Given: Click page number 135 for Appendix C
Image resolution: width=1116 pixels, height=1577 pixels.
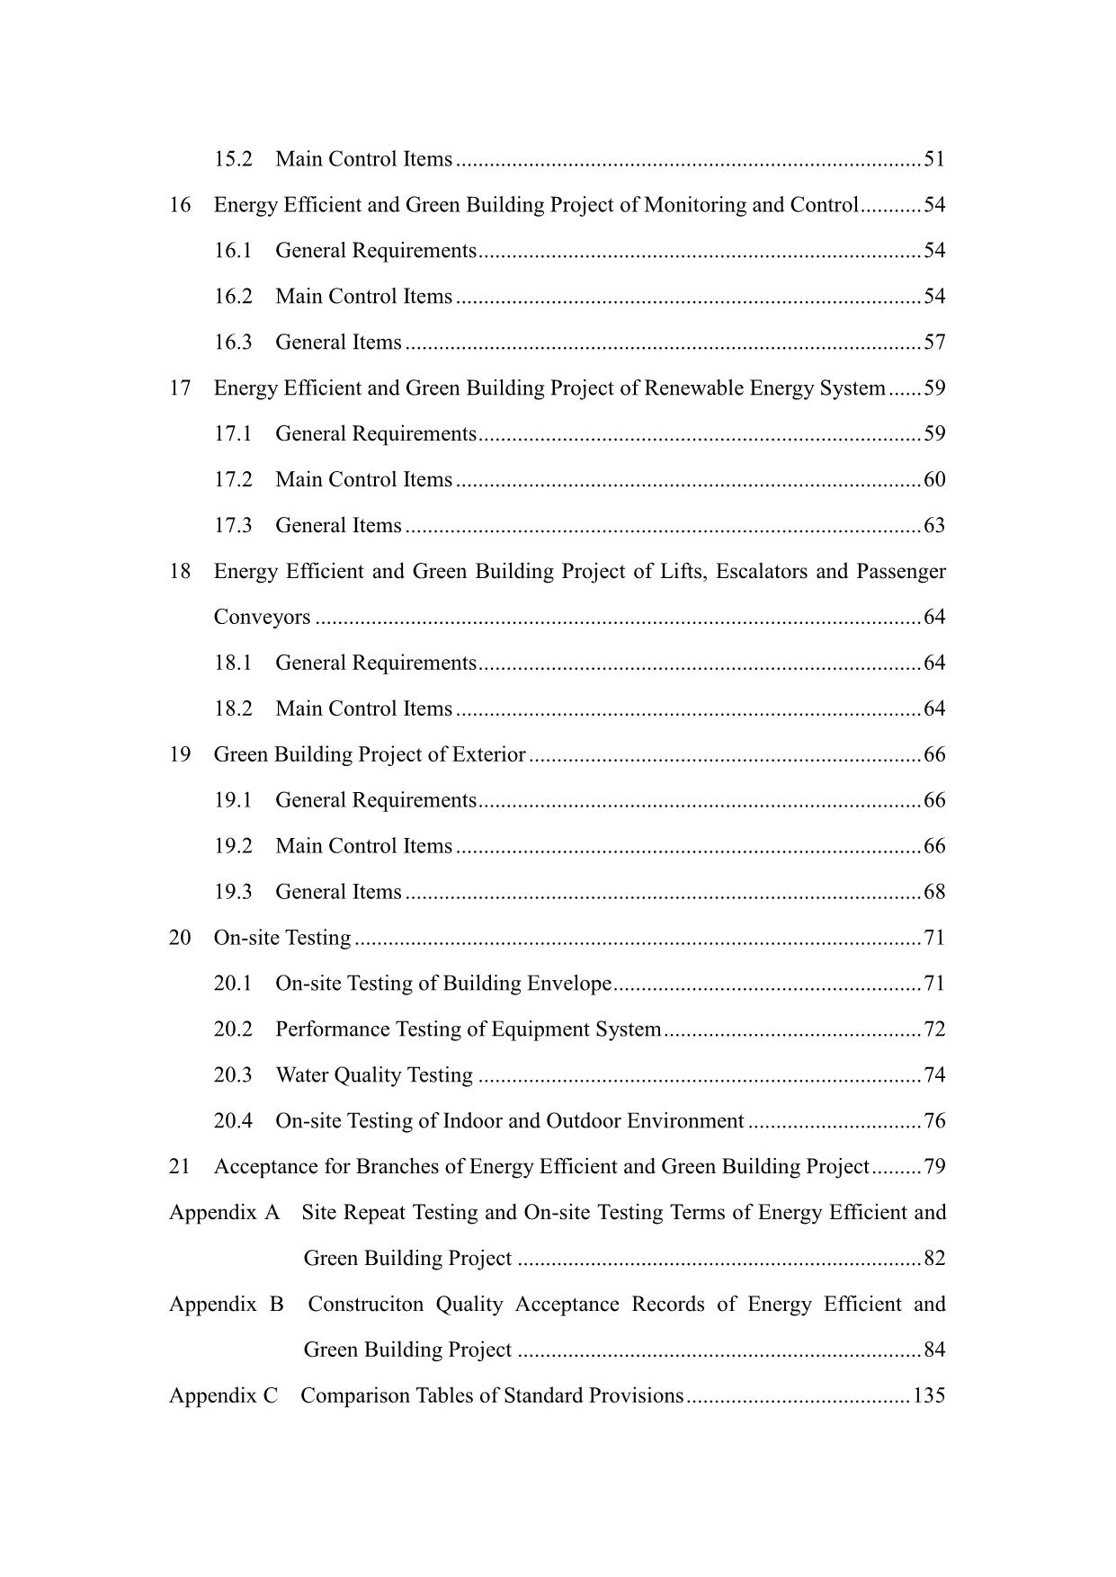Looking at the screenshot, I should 929,1395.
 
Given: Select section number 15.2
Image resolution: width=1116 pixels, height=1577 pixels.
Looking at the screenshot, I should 233,159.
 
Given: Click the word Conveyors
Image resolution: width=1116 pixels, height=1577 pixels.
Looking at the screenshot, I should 262,618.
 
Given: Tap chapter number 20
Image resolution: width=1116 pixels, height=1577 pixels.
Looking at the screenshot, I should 180,938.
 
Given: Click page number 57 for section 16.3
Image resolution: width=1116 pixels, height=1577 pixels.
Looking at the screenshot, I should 934,343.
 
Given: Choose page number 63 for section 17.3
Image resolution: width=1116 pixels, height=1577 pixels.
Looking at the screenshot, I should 934,526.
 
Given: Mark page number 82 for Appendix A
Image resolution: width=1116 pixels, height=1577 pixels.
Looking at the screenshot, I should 934,1259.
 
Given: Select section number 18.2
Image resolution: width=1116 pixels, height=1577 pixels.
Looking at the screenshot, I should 233,708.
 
